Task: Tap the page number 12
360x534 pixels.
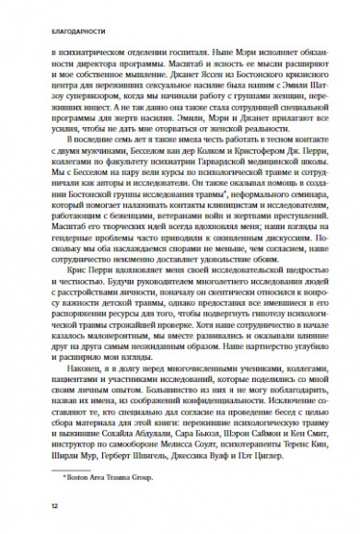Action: tap(30, 505)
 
